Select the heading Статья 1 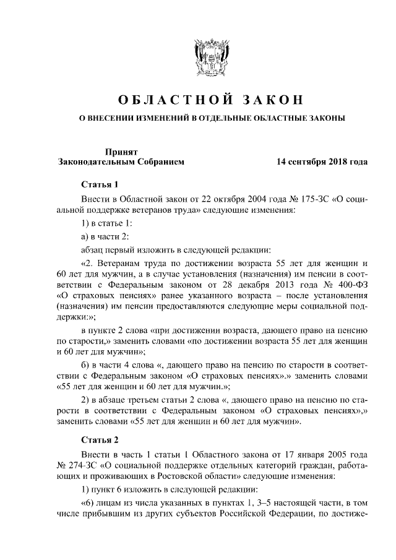99,185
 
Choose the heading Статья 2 99,440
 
